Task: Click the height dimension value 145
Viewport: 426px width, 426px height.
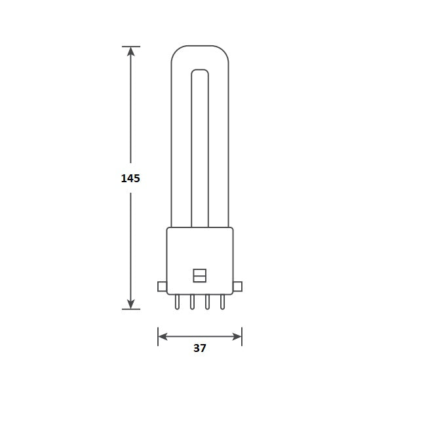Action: click(x=130, y=178)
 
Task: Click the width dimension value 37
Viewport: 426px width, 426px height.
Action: click(x=200, y=349)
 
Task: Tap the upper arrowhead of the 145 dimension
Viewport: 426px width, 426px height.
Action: click(x=131, y=52)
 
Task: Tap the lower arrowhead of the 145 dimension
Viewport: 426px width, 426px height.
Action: click(x=131, y=303)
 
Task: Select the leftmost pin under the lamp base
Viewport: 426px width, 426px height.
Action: click(x=177, y=302)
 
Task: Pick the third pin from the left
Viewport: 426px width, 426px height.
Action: click(x=208, y=302)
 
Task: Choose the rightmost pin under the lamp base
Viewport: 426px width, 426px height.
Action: click(x=223, y=302)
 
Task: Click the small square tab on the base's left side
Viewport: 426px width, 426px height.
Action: click(x=162, y=286)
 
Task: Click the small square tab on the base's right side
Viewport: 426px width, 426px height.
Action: click(x=238, y=286)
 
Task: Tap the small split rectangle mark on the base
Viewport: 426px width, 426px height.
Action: click(x=200, y=275)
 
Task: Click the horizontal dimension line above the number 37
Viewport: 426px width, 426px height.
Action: click(x=200, y=337)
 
